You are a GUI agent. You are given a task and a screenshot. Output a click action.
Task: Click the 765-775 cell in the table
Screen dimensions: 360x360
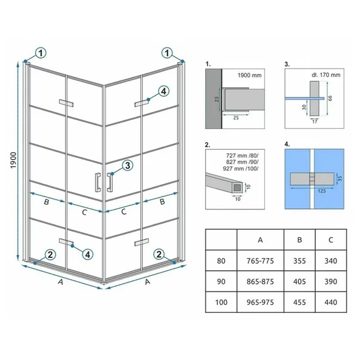point(260,260)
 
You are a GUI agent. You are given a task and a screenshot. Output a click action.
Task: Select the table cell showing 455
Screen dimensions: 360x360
point(299,302)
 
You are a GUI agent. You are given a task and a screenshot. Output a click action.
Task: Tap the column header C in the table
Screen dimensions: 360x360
point(331,239)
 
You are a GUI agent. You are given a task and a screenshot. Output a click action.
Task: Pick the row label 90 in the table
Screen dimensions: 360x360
point(221,281)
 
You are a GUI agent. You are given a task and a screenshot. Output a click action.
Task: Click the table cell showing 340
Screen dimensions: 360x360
point(331,260)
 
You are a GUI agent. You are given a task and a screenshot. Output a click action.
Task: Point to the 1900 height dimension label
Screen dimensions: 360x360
point(13,160)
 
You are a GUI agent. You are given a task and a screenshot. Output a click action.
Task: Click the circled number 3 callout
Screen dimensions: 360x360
point(127,165)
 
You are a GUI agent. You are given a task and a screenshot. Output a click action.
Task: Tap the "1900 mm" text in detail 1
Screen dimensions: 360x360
point(250,75)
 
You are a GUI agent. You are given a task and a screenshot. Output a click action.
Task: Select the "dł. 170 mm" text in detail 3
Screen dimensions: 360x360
point(326,75)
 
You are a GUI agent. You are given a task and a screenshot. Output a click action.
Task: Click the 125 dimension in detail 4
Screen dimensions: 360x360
point(322,191)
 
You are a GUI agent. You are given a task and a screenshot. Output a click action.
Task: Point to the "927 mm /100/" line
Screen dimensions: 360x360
point(241,168)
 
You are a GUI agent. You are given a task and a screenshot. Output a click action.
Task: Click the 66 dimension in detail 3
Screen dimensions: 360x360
point(330,98)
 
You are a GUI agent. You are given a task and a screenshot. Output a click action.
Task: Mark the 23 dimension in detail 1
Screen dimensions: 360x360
point(217,99)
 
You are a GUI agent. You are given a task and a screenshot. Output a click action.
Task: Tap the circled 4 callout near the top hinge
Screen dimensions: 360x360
point(163,91)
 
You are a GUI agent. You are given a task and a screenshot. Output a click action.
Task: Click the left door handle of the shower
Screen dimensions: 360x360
point(97,182)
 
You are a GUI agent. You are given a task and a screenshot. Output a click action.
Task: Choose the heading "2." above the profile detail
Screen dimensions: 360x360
point(208,144)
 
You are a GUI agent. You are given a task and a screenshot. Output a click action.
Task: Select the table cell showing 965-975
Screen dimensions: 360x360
point(260,302)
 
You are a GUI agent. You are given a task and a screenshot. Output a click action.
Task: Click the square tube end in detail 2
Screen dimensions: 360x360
point(237,188)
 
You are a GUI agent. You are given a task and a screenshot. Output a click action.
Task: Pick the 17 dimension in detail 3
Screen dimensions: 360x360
point(315,121)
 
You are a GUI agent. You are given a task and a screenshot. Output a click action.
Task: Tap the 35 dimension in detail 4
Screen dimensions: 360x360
point(340,179)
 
